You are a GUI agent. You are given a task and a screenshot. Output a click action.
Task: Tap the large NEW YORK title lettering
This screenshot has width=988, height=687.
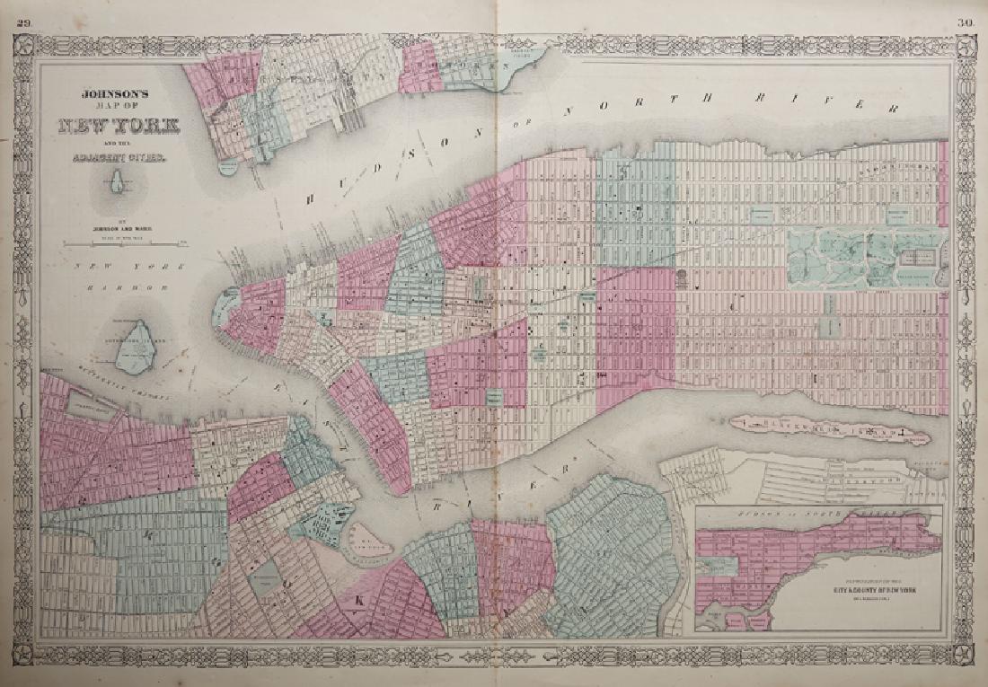coord(118,127)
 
